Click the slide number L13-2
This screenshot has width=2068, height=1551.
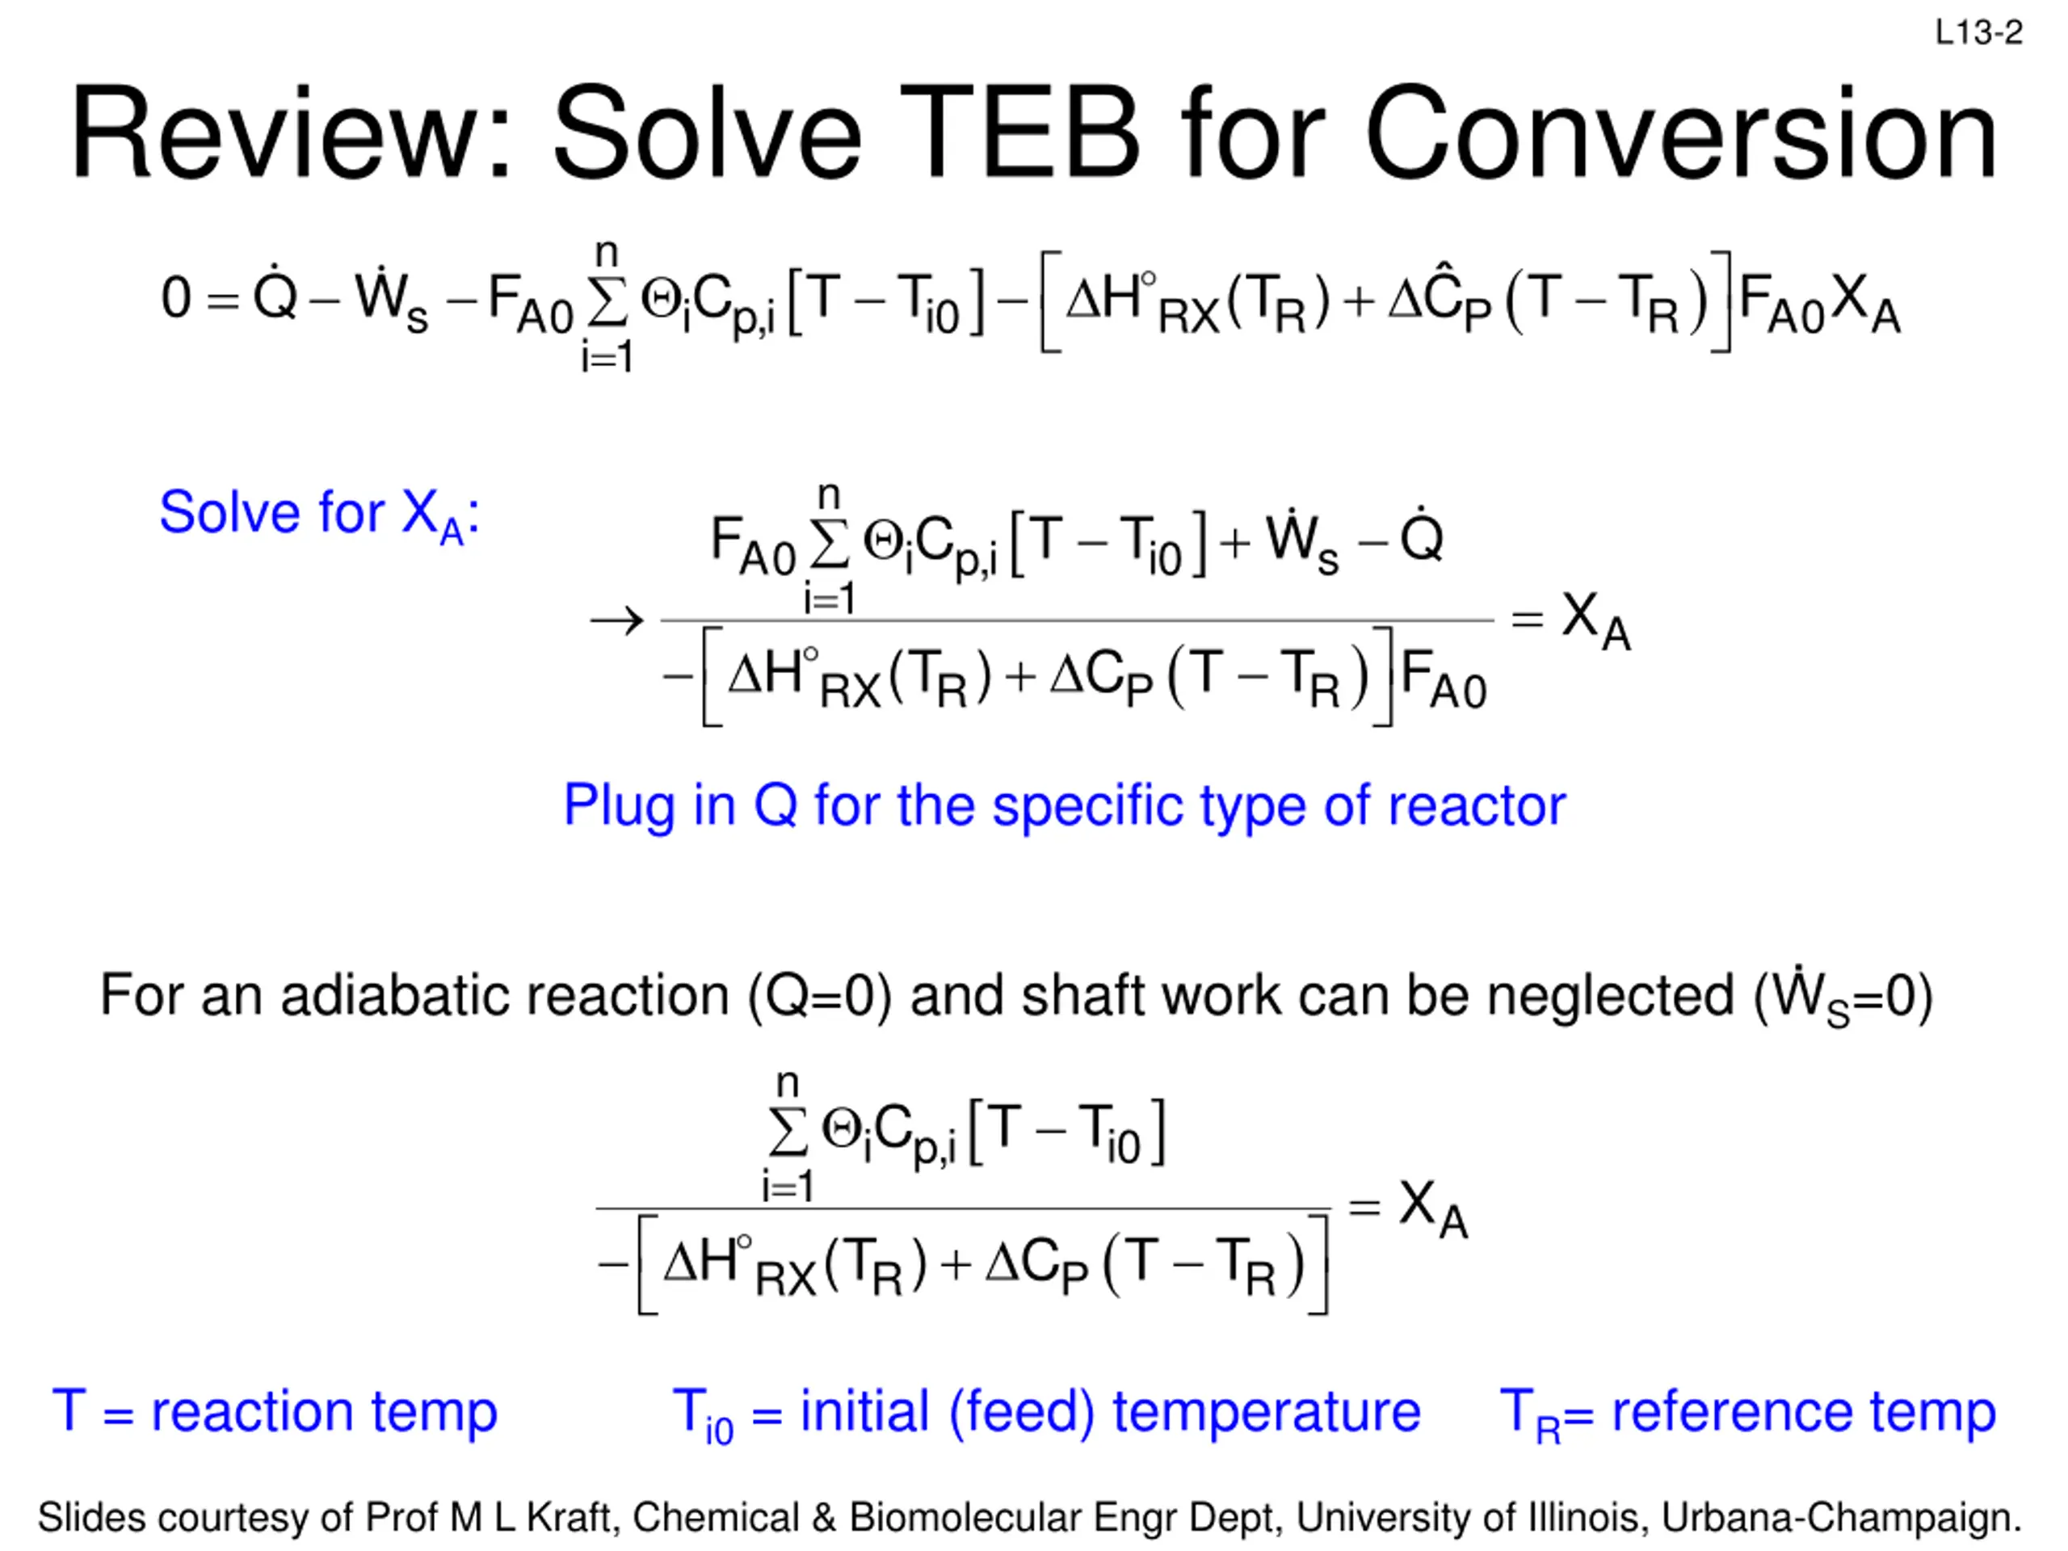coord(1978,34)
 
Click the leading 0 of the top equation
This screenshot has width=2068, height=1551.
coord(176,298)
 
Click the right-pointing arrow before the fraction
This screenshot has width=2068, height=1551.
coord(617,620)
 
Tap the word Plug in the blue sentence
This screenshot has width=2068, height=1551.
coord(618,806)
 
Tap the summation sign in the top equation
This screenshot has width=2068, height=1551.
coord(607,301)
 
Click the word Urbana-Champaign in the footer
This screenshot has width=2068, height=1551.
coord(1841,1517)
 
